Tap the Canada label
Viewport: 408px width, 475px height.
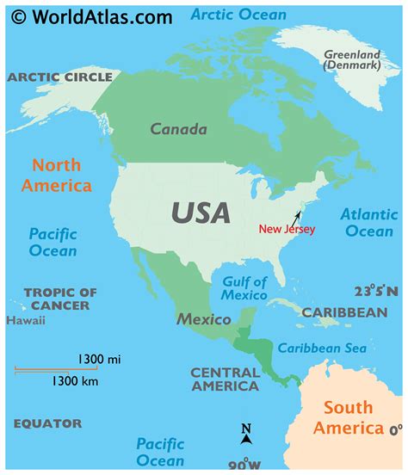tap(179, 130)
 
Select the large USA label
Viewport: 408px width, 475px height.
tap(201, 212)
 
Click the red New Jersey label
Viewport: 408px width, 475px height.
tap(287, 229)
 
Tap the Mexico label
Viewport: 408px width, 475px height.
tap(204, 319)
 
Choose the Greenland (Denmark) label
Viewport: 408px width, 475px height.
tap(351, 59)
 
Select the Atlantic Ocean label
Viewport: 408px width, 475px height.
tap(368, 222)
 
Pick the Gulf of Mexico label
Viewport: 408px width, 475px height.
tap(244, 288)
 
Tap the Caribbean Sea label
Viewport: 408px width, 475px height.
tap(322, 349)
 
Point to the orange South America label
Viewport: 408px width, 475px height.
tap(348, 417)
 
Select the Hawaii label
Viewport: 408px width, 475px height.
tap(26, 321)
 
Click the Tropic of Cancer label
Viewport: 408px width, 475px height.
tap(60, 299)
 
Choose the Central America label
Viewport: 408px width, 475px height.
tap(225, 379)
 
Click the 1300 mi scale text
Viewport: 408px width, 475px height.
tap(97, 359)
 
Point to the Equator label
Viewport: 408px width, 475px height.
tap(47, 423)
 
